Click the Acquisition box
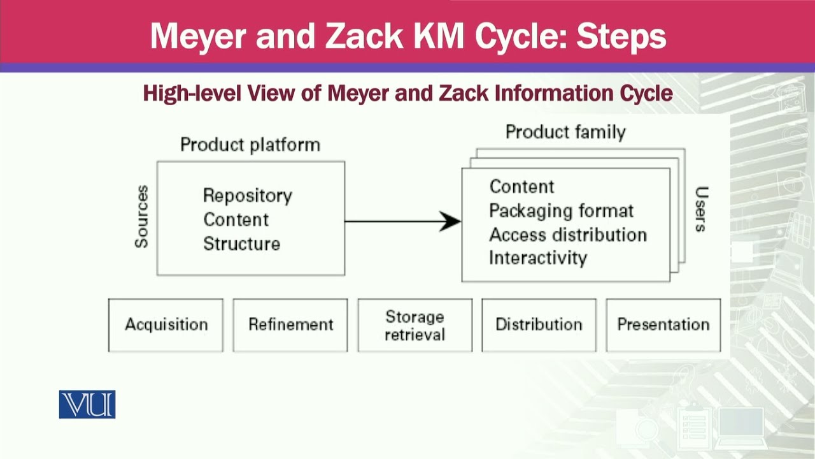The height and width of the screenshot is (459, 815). pyautogui.click(x=166, y=325)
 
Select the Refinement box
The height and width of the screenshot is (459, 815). pyautogui.click(x=290, y=325)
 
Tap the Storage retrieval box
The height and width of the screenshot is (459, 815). pyautogui.click(x=415, y=325)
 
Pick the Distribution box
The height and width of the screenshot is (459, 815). pyautogui.click(x=539, y=325)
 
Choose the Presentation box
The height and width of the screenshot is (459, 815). pyautogui.click(x=663, y=325)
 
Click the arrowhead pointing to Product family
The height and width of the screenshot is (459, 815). pyautogui.click(x=451, y=221)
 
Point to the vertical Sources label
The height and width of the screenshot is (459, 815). pyautogui.click(x=141, y=217)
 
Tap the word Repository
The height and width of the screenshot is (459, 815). pyautogui.click(x=247, y=196)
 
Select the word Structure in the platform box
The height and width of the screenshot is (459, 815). pyautogui.click(x=241, y=244)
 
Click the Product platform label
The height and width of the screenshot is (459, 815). pyautogui.click(x=250, y=145)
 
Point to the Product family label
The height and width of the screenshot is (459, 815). pyautogui.click(x=565, y=132)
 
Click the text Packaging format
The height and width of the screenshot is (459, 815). pyautogui.click(x=561, y=211)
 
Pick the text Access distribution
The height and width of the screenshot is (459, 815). pyautogui.click(x=567, y=235)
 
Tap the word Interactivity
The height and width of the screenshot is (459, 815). pyautogui.click(x=538, y=258)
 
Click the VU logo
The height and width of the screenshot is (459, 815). pyautogui.click(x=87, y=404)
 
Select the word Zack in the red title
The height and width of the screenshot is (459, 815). pyautogui.click(x=358, y=36)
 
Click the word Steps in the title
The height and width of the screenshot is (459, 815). pyautogui.click(x=621, y=36)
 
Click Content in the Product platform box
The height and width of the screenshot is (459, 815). pyautogui.click(x=236, y=220)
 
